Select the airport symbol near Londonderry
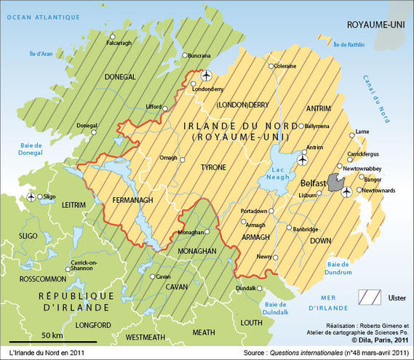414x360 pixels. (206, 75)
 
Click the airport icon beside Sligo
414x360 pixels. (31, 197)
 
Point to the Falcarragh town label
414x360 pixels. (121, 43)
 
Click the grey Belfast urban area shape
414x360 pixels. (335, 182)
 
